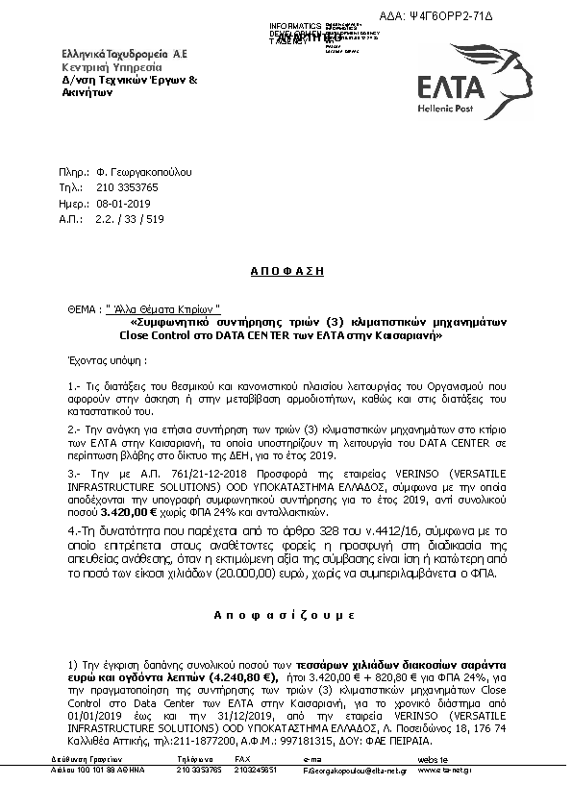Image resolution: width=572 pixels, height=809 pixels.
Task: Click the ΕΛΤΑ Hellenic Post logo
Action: point(463,84)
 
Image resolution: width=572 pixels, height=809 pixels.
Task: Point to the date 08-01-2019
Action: point(124,204)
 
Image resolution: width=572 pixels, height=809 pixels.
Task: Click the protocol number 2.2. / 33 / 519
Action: point(130,219)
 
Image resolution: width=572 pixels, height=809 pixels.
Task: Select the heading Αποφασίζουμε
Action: point(286,611)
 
